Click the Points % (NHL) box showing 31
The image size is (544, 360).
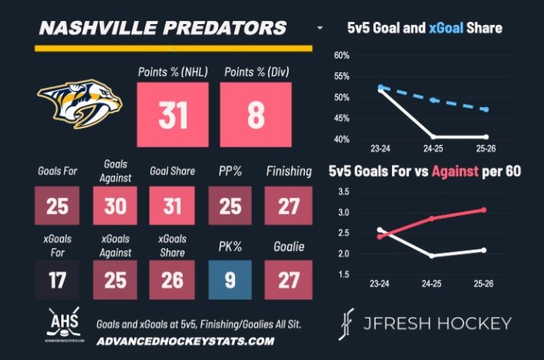tap(173, 114)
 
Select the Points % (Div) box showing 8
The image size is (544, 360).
tap(255, 114)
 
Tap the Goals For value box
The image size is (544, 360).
tap(57, 207)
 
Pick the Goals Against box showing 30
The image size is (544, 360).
tap(115, 207)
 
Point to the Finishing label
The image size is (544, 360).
tap(288, 172)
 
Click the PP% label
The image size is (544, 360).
tap(230, 172)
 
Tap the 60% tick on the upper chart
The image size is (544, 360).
tap(340, 56)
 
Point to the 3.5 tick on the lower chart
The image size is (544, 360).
tap(342, 192)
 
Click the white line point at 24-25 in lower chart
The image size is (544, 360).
tap(432, 256)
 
